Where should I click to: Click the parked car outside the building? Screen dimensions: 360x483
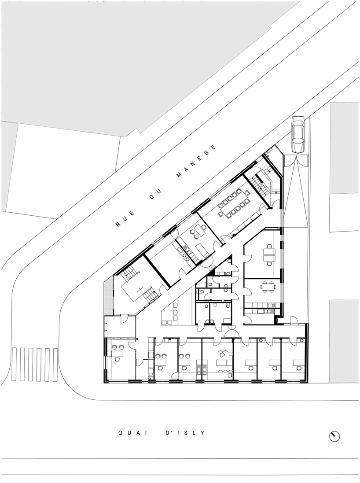click(x=298, y=134)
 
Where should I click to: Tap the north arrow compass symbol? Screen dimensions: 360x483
click(x=334, y=436)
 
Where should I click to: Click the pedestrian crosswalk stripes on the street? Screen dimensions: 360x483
click(x=34, y=365)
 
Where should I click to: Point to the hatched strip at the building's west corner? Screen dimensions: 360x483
click(x=107, y=297)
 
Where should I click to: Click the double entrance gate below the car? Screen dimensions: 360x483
click(x=296, y=161)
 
